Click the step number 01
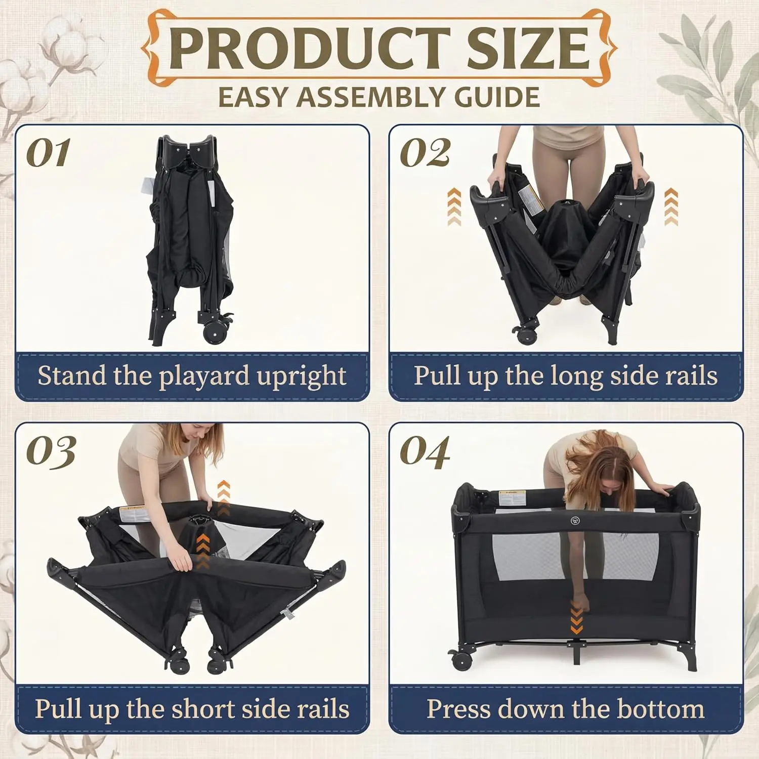click(48, 153)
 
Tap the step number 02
click(425, 153)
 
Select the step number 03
click(51, 451)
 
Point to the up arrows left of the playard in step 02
click(454, 207)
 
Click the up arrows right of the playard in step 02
click(670, 207)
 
